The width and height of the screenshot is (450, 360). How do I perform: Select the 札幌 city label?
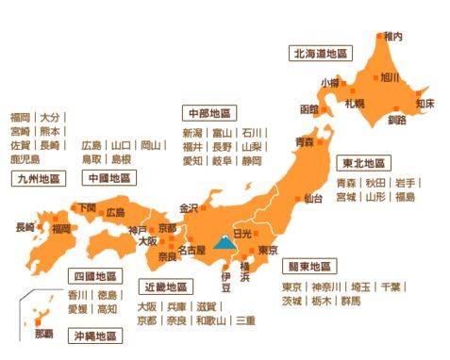[354, 102]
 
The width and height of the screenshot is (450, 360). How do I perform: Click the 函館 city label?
[309, 109]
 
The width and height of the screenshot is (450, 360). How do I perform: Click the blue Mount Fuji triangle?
[225, 242]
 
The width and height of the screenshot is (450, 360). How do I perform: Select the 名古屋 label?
[191, 251]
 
